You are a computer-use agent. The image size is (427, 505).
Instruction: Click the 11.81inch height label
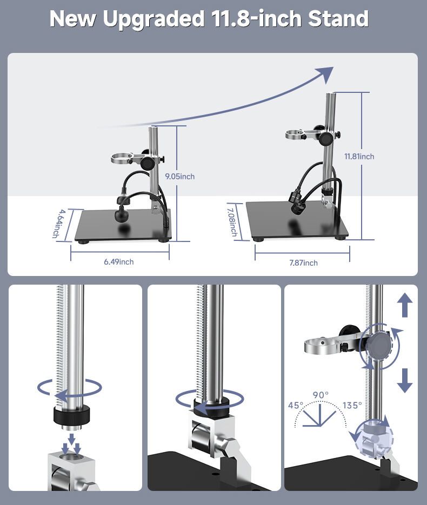click(x=359, y=157)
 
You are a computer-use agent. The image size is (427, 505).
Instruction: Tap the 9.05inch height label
click(x=180, y=177)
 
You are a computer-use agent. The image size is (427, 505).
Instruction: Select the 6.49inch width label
click(x=118, y=262)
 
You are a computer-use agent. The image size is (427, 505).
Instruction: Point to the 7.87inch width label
click(x=303, y=263)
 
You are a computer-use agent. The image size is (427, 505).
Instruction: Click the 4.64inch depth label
click(x=59, y=224)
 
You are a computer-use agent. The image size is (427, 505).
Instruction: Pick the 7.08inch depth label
click(x=232, y=222)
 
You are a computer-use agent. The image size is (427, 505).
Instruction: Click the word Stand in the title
click(x=338, y=19)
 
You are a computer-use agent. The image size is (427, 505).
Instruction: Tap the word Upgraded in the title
click(x=154, y=19)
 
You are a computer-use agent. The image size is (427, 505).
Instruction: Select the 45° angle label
click(x=296, y=405)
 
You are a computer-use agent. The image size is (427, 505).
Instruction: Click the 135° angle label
click(x=352, y=405)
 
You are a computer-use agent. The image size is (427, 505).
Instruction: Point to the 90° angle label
click(x=321, y=395)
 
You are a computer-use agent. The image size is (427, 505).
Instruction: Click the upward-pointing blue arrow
click(x=405, y=305)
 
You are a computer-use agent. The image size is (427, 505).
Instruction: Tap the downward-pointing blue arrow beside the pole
click(x=405, y=381)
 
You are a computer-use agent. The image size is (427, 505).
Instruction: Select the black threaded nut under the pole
click(x=71, y=415)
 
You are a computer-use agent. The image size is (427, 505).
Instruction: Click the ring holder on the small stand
click(x=122, y=158)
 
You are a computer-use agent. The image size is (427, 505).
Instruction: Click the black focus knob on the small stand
click(x=149, y=163)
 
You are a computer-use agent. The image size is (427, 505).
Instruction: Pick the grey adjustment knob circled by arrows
click(x=381, y=346)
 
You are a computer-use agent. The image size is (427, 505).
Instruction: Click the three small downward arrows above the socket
click(x=71, y=444)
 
